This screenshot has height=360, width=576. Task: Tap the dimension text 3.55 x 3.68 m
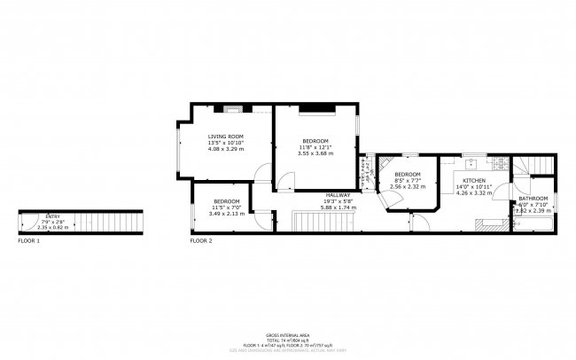[x=315, y=153]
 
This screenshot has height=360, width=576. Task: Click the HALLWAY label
[x=338, y=195]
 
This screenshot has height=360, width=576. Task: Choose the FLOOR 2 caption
[x=201, y=241]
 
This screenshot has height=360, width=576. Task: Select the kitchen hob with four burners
[x=501, y=165]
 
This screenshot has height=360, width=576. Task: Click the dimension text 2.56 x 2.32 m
[x=407, y=186]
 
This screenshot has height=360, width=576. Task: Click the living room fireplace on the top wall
[x=233, y=110]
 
